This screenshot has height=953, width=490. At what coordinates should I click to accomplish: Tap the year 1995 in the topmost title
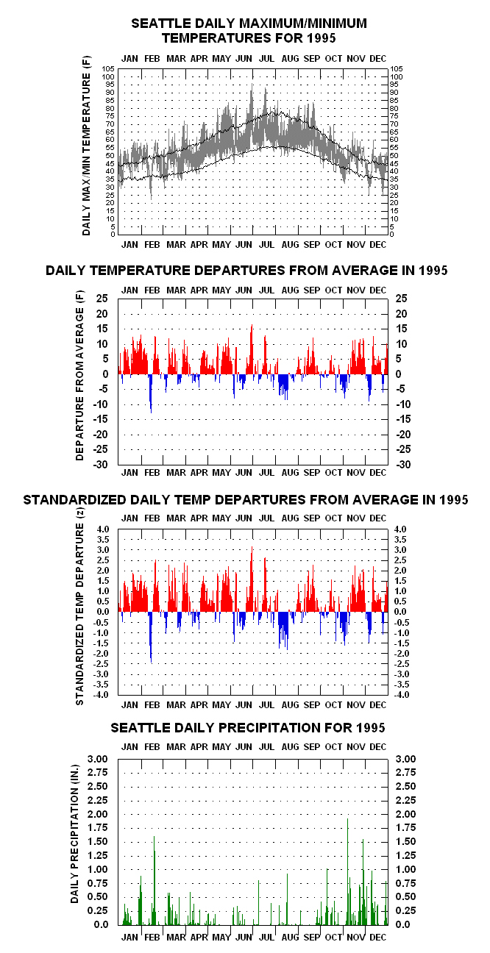point(321,38)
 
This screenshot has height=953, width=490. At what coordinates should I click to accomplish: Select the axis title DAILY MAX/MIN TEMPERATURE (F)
point(86,146)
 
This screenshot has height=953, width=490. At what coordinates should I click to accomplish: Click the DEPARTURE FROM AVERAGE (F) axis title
point(79,375)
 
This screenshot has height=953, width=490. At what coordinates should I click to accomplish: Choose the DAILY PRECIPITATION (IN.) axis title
point(75,833)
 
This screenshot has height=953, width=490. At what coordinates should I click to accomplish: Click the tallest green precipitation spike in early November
point(348,871)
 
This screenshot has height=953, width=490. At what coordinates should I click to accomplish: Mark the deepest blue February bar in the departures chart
point(151,393)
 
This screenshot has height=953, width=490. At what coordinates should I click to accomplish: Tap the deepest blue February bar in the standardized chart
point(151,637)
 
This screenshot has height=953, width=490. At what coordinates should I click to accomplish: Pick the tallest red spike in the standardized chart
point(252,579)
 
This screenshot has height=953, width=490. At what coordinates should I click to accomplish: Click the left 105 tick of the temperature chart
point(108,69)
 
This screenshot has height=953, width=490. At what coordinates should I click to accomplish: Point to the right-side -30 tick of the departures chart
point(404,465)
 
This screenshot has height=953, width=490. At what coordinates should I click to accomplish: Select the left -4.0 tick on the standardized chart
point(102,695)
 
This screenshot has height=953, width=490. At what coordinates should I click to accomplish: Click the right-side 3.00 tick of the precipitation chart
point(405,759)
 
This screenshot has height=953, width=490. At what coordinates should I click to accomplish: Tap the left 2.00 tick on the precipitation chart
point(98,814)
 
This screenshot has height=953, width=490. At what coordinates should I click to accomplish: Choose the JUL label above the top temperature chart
point(266,59)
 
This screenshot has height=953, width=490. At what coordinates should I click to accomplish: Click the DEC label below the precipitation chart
point(377,938)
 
